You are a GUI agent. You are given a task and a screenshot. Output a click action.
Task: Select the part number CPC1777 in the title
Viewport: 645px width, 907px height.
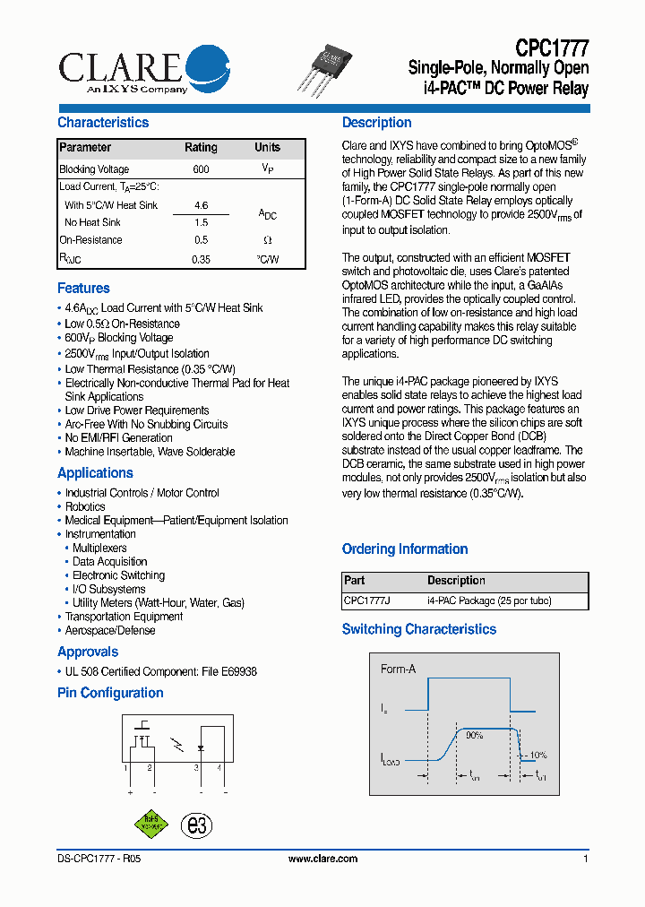552,48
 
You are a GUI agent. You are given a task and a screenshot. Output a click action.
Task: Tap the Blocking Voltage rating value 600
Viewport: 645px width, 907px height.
201,169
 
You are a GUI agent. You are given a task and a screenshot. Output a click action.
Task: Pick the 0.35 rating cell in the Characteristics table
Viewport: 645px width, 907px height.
201,259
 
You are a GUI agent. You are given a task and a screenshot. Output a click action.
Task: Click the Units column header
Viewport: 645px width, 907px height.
267,148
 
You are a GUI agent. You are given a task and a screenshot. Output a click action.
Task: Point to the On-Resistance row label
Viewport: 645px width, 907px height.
90,240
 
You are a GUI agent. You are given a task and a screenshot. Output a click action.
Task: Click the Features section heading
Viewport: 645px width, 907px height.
83,289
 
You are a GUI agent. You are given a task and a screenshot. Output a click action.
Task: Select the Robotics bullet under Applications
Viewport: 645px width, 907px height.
85,506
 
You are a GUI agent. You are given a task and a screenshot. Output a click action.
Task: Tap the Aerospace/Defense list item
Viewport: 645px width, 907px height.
109,631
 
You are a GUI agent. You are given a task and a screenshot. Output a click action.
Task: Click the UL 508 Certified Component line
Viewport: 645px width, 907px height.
161,671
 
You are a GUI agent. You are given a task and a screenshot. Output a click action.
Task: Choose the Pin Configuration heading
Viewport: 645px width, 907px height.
110,693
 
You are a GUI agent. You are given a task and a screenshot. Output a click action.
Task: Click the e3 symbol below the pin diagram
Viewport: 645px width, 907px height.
196,825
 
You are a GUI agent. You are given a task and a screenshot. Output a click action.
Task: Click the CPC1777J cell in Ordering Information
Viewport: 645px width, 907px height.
366,601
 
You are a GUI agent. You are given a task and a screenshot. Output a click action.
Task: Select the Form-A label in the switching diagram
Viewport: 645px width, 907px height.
398,669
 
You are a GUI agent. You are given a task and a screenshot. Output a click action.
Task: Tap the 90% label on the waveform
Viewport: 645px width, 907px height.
474,735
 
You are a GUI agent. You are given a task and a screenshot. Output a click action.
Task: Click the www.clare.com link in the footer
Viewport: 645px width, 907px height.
322,859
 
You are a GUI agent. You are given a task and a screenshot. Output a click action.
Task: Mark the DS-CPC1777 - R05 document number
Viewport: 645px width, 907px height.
92,859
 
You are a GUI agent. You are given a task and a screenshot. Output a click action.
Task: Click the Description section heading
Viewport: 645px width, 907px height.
377,123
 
